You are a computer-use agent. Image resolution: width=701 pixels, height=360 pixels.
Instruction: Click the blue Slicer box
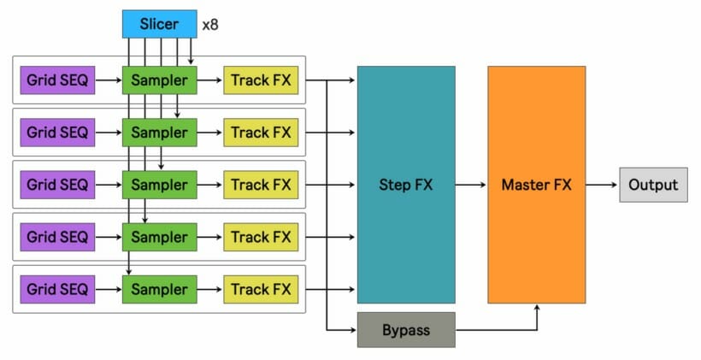tap(159, 24)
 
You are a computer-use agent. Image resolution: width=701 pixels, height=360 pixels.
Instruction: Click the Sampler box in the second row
tap(159, 133)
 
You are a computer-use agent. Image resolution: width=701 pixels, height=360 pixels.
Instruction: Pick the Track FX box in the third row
tap(261, 185)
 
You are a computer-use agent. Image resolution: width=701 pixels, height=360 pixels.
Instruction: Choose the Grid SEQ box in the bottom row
tap(57, 289)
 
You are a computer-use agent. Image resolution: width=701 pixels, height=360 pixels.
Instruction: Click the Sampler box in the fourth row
tap(159, 237)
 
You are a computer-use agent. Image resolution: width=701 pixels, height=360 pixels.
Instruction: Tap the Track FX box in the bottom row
tap(261, 289)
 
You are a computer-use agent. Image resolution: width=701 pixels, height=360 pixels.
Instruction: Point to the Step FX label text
tap(406, 185)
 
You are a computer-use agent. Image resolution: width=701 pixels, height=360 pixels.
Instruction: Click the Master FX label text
tap(536, 185)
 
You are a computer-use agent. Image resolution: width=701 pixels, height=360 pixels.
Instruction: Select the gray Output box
tap(653, 185)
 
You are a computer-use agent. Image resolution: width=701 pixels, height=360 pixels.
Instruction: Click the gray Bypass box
tap(406, 328)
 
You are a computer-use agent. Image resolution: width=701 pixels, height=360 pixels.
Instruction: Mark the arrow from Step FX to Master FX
tap(471, 185)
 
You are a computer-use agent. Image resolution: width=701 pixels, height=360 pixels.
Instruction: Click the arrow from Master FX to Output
tap(602, 185)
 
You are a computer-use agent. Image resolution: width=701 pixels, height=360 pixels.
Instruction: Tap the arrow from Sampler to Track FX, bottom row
tap(210, 289)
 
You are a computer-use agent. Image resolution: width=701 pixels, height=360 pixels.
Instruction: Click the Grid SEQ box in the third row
tap(57, 185)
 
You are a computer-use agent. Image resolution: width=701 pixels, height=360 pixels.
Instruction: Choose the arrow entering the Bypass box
tap(342, 328)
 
